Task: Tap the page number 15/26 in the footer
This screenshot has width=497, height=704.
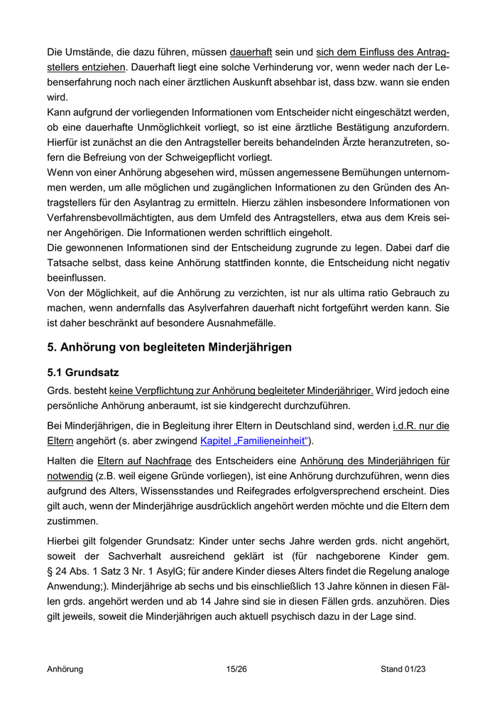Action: click(x=236, y=669)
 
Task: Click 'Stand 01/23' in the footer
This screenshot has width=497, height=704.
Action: click(x=403, y=669)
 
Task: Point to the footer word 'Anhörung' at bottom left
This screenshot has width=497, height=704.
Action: click(x=65, y=669)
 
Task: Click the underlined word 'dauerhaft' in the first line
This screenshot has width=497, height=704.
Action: click(x=251, y=53)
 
